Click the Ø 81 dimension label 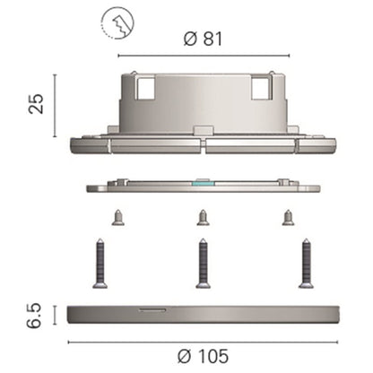(x=203, y=39)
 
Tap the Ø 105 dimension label (x=203, y=356)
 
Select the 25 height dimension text (x=36, y=104)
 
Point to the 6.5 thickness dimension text (x=34, y=316)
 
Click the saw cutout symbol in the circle (x=117, y=23)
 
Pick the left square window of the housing (x=146, y=88)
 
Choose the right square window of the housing (x=261, y=88)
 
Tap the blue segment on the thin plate (x=204, y=182)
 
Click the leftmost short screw (x=118, y=218)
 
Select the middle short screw (x=203, y=218)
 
